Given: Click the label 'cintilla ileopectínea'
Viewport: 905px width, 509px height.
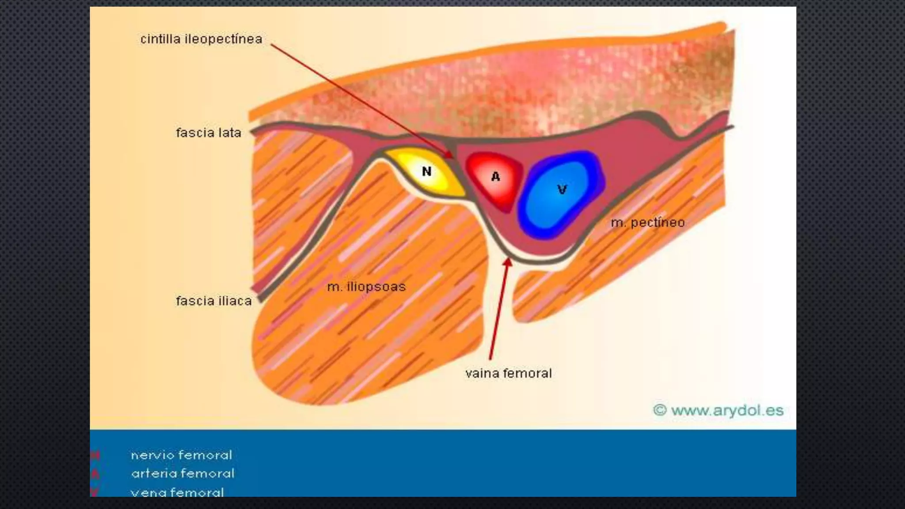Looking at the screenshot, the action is (x=201, y=39).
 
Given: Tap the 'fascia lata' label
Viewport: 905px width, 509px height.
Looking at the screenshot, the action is (x=209, y=133).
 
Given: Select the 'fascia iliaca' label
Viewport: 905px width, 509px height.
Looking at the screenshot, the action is (x=214, y=301).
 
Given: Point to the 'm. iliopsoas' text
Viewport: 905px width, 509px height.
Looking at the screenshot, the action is (x=366, y=287).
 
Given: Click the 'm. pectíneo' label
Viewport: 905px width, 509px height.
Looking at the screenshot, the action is (x=648, y=222).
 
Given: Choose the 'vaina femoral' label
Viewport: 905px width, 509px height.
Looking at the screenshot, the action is (x=508, y=373).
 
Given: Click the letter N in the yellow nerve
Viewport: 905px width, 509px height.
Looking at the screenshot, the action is (x=426, y=171).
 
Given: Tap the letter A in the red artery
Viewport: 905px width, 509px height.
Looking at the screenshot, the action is (x=496, y=177).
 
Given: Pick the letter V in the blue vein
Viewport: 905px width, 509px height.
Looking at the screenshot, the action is (x=562, y=190).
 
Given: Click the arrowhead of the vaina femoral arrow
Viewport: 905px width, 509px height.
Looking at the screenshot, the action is (x=508, y=262).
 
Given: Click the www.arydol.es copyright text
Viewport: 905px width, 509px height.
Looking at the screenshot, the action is (x=727, y=410).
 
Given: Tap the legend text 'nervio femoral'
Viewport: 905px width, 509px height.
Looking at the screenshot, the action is (x=181, y=455).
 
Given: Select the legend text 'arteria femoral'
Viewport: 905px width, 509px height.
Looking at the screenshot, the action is (x=183, y=474).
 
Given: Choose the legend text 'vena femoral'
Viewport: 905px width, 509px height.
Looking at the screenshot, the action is (x=177, y=492).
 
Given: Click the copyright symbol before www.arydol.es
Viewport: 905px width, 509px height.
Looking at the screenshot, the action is (x=659, y=410).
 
